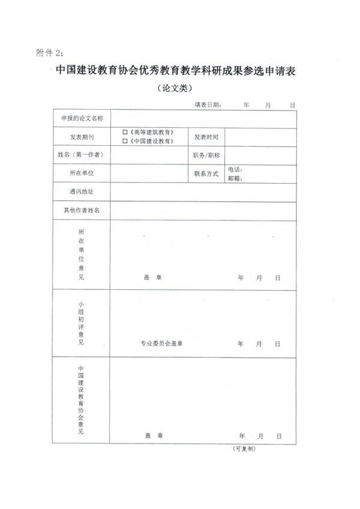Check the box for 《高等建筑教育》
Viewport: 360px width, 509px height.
(x=125, y=131)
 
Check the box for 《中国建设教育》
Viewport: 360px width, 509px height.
(x=125, y=141)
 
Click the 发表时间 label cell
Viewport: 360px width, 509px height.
(x=206, y=137)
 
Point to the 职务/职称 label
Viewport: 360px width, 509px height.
(x=206, y=155)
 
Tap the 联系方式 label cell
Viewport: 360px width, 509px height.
(x=206, y=173)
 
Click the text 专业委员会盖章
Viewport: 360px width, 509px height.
(x=161, y=344)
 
